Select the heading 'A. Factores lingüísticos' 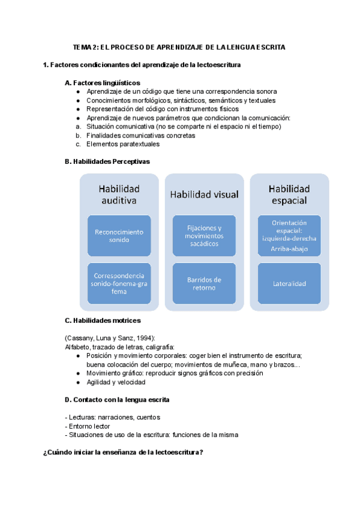coord(102,83)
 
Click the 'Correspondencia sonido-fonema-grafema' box coord(119,283)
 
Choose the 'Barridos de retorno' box coord(205,283)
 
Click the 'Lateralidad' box coord(289,283)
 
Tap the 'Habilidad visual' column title coord(205,194)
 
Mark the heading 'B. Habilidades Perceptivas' coord(107,161)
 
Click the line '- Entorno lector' coord(86,426)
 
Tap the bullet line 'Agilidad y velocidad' coord(116,382)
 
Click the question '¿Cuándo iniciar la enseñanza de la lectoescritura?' coord(123,453)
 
